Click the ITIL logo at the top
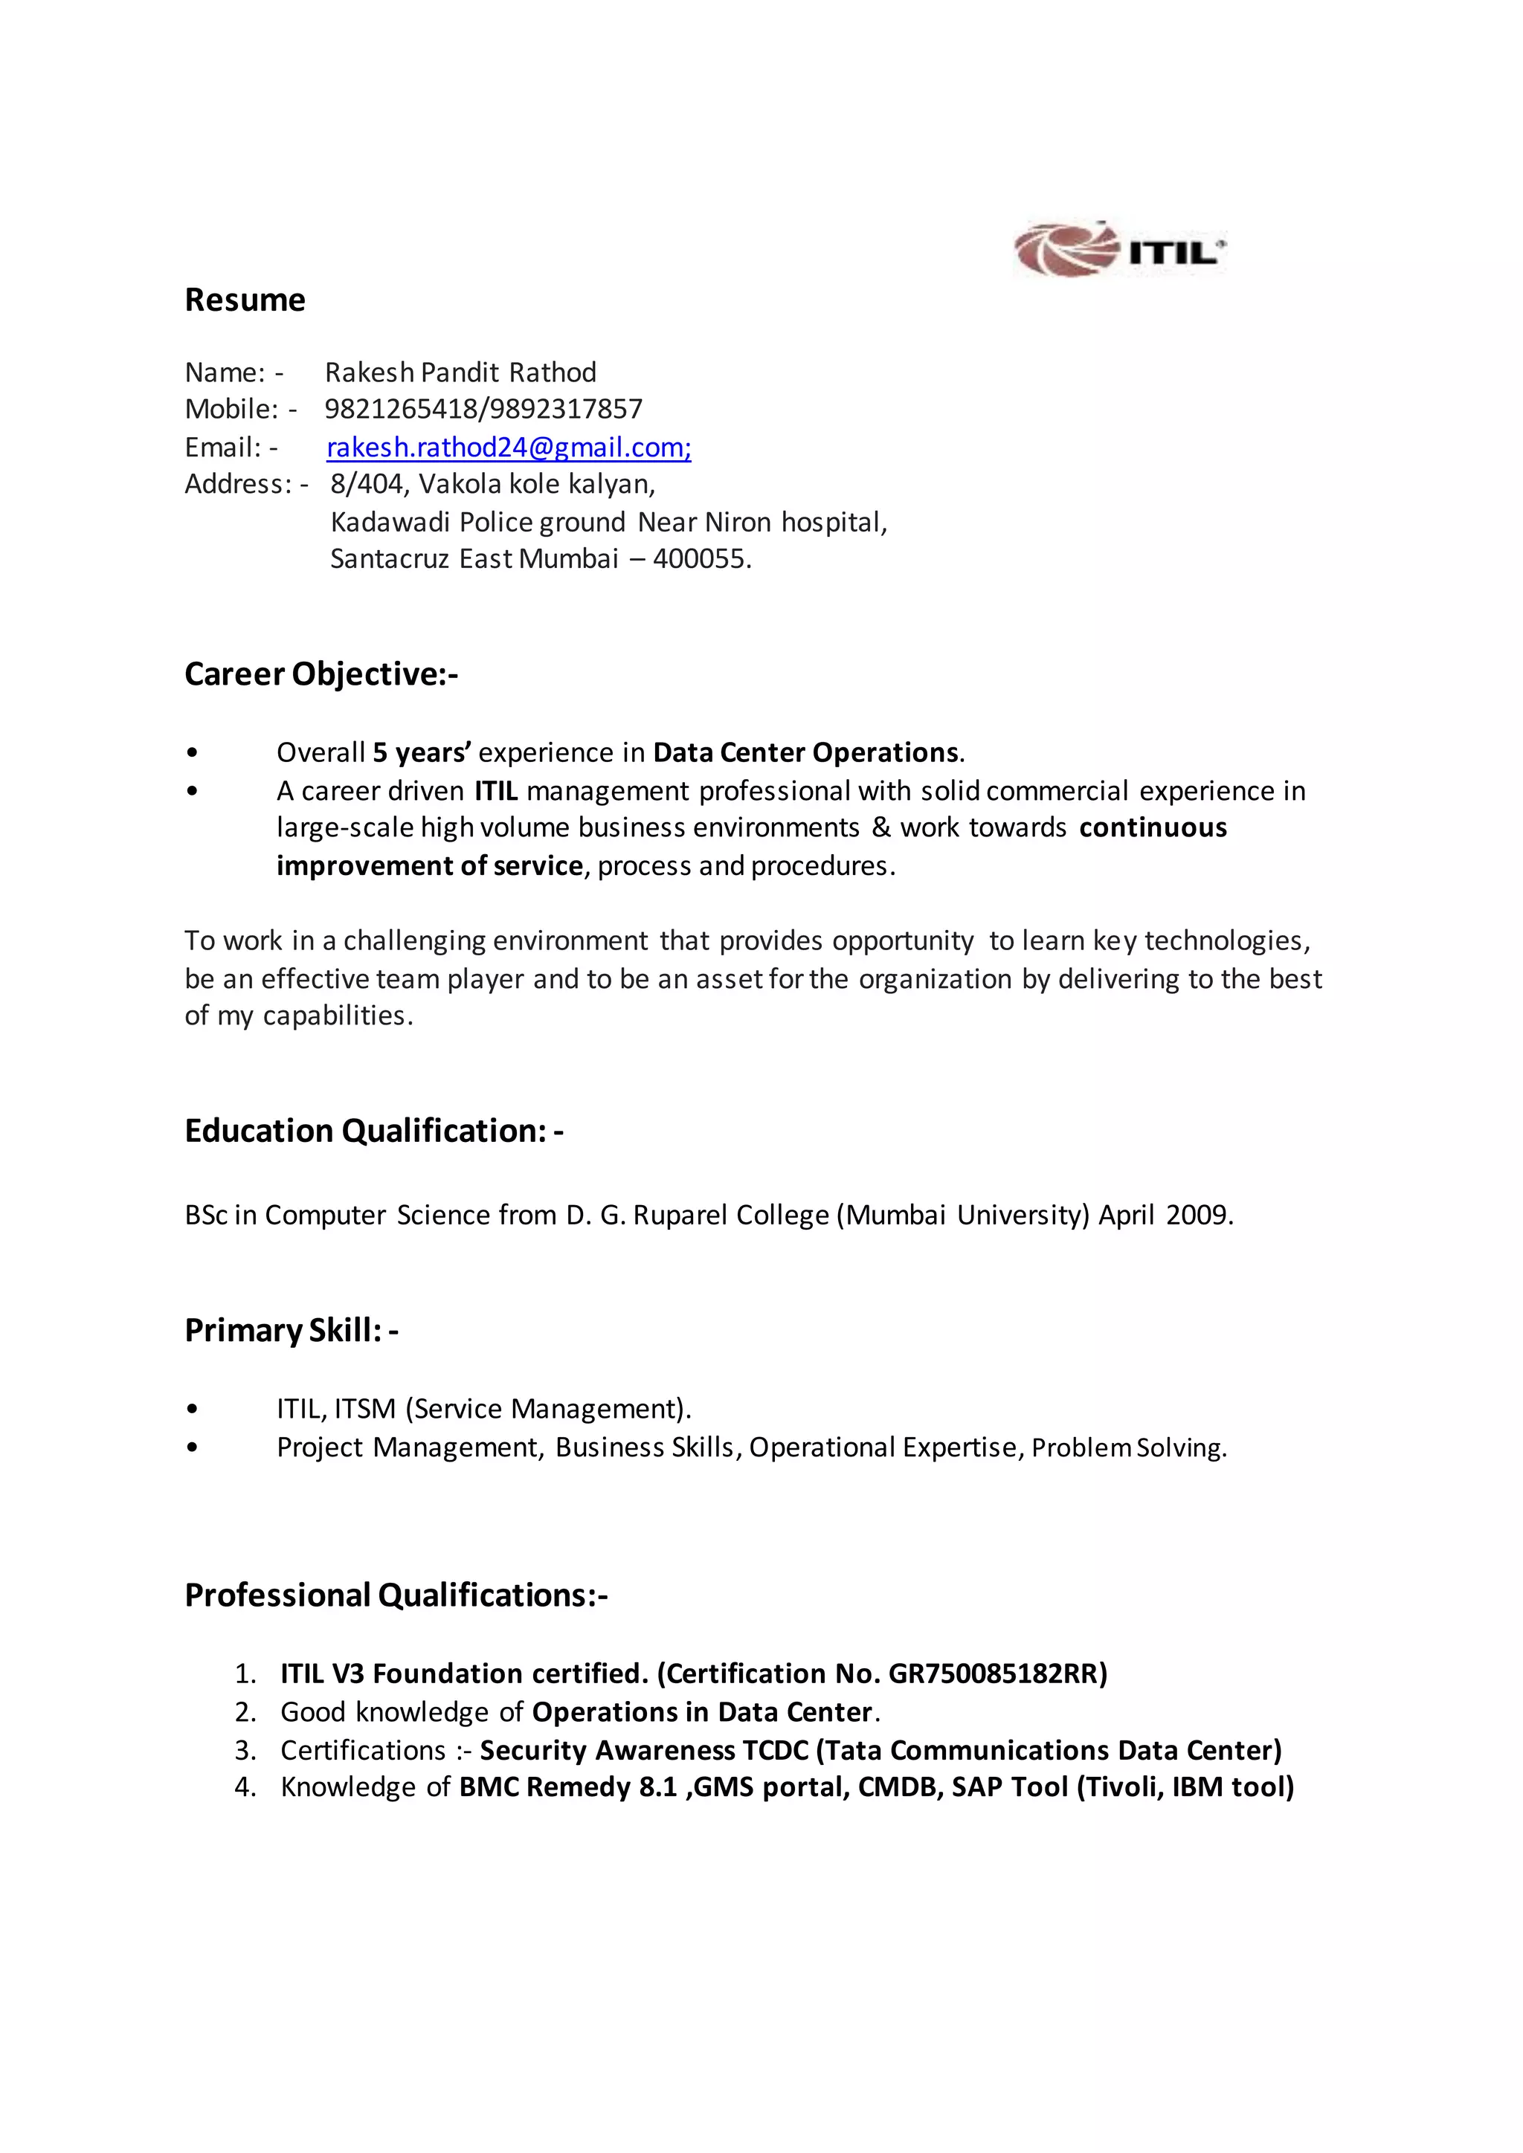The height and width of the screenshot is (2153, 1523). click(1120, 250)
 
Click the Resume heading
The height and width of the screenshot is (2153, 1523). click(245, 300)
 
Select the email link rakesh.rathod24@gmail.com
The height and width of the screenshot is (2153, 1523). click(509, 448)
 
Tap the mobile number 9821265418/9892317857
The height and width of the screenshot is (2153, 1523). click(483, 409)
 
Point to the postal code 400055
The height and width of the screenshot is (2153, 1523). click(701, 559)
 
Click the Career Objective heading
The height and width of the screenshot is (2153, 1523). click(321, 674)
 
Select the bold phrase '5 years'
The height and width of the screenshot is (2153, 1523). click(421, 753)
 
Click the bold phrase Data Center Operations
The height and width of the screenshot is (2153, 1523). click(805, 753)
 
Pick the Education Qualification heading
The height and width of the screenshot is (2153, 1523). click(373, 1131)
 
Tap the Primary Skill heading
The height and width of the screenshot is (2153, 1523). click(291, 1331)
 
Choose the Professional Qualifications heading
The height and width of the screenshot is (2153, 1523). click(396, 1595)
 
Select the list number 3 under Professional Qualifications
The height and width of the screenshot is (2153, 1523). click(245, 1751)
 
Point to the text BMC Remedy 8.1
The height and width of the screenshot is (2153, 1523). click(567, 1787)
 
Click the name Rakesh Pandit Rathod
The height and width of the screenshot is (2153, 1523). click(460, 372)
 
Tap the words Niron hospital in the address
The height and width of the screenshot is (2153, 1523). click(794, 523)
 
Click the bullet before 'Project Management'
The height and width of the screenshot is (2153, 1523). click(193, 1447)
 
